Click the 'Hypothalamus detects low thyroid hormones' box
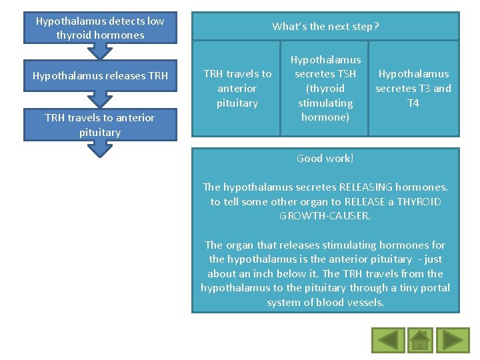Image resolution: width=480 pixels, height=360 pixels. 100,28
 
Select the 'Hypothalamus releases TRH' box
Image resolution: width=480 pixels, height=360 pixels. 100,76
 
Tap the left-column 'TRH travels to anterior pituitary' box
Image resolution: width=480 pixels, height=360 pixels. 100,125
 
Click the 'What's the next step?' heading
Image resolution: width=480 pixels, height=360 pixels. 325,27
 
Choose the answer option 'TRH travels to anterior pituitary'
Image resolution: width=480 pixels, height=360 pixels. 237,88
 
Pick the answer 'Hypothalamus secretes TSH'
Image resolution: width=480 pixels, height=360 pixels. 325,88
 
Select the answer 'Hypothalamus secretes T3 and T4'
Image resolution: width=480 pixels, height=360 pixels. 413,88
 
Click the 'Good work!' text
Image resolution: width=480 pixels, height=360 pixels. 325,158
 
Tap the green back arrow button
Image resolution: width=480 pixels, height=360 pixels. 388,340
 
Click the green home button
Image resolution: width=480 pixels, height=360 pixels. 420,340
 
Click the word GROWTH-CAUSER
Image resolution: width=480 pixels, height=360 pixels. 325,216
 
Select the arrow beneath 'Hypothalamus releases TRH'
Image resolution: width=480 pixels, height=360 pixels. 100,99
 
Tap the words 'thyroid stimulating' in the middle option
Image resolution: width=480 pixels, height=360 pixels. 325,95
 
